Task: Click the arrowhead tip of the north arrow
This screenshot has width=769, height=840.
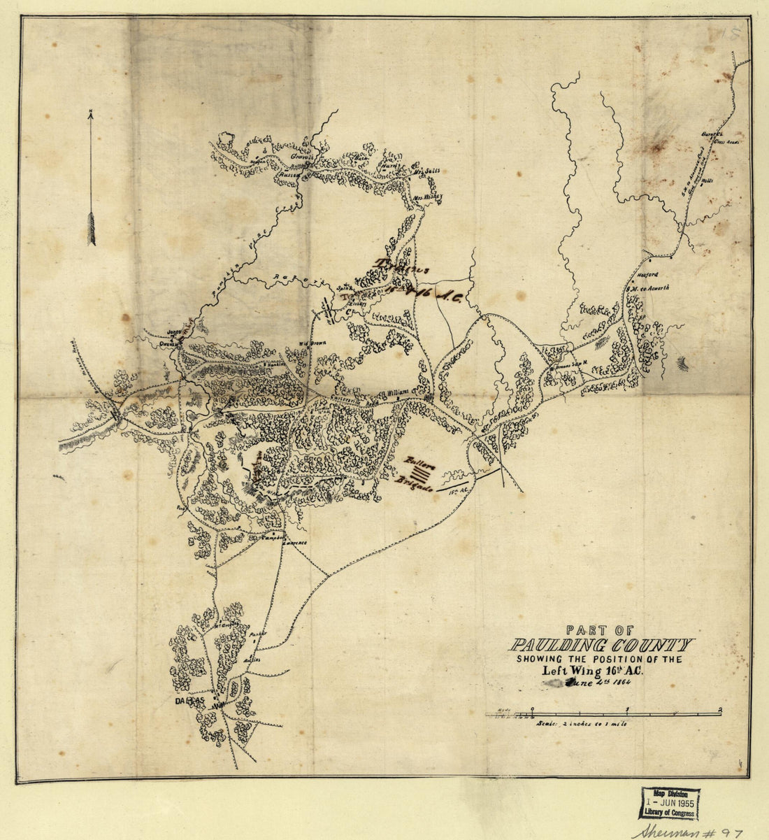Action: (x=90, y=113)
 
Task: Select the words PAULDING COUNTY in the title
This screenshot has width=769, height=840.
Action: (x=601, y=645)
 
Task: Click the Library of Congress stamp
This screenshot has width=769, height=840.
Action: (x=668, y=803)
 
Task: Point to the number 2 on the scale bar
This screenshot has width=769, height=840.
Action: (x=720, y=709)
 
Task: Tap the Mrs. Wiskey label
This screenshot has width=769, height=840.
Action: (x=429, y=197)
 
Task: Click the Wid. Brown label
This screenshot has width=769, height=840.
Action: (x=314, y=343)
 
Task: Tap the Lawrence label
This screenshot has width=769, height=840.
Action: (x=294, y=543)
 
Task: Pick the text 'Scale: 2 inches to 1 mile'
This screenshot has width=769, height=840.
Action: (x=582, y=724)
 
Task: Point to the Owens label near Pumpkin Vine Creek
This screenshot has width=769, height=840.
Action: (x=168, y=343)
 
